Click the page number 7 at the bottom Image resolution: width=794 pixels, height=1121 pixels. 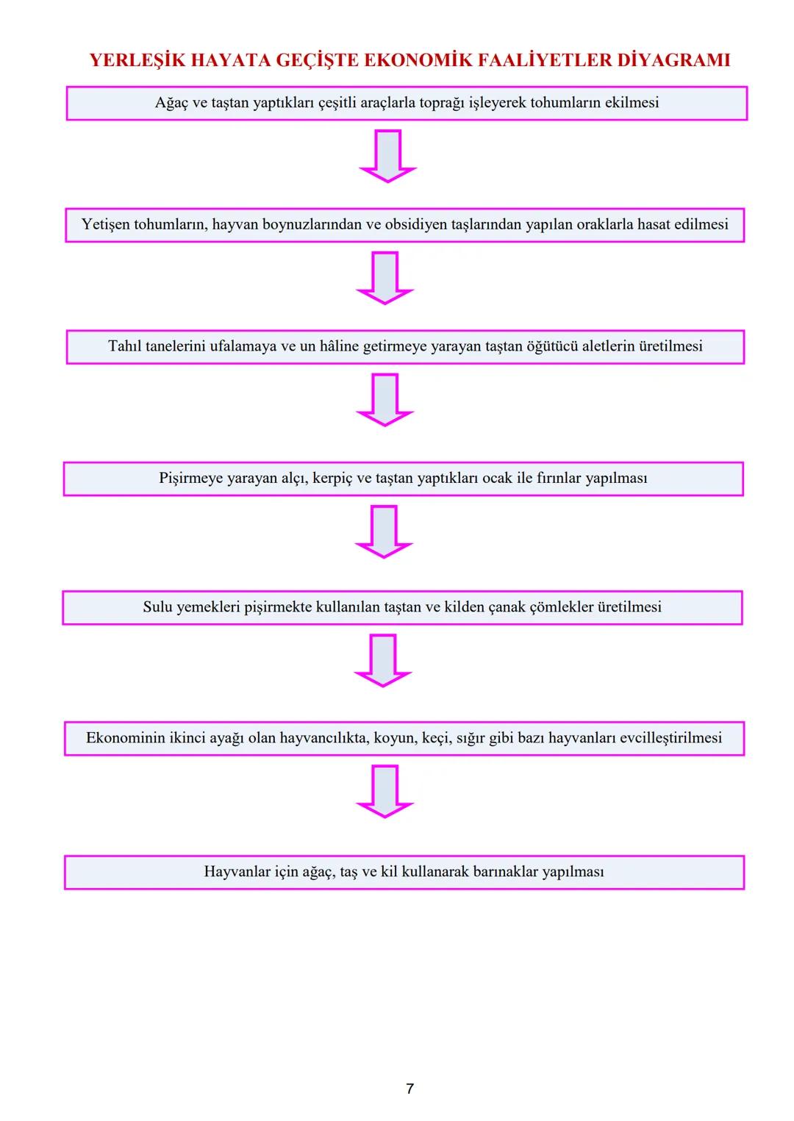(x=409, y=1089)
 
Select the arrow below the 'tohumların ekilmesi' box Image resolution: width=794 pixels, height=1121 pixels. (x=387, y=155)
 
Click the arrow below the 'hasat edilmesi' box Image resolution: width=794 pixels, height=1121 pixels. (x=385, y=277)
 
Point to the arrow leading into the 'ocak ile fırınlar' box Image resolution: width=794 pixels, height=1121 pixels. (x=385, y=398)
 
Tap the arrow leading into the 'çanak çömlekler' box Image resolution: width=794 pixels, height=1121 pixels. (x=384, y=530)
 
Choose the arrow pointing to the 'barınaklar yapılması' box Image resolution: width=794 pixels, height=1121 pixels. (x=385, y=790)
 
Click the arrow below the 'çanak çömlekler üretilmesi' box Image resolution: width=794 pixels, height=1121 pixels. (x=383, y=659)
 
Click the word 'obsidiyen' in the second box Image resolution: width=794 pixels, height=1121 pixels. (x=417, y=224)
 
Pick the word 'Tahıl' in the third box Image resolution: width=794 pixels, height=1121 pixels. (x=125, y=346)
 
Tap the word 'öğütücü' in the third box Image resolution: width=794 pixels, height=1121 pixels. (x=551, y=346)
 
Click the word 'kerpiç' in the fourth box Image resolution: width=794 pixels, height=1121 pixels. (x=332, y=479)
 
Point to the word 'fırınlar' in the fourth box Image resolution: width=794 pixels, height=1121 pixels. (x=558, y=479)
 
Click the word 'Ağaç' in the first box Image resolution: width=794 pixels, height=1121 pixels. (x=171, y=103)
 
